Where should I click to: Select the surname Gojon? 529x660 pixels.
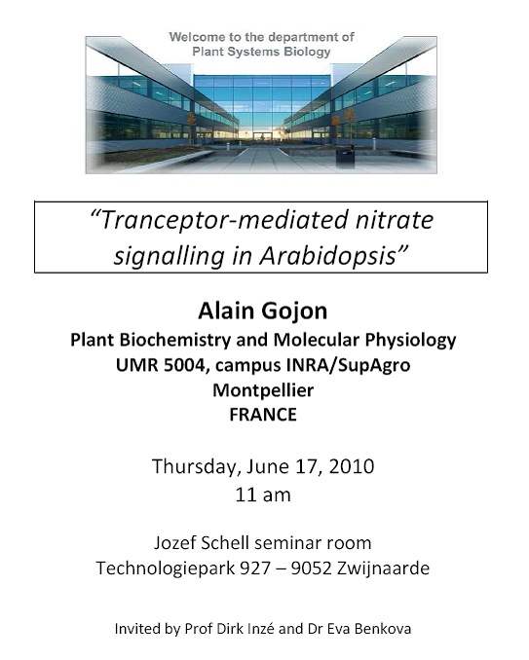(294, 312)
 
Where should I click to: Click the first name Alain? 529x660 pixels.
(226, 312)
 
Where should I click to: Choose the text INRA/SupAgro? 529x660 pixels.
(348, 365)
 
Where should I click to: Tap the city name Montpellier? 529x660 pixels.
(263, 390)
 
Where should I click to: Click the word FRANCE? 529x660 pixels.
(263, 415)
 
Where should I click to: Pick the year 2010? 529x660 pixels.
(352, 467)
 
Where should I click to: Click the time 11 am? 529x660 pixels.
(263, 495)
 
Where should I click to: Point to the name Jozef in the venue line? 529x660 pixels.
(174, 543)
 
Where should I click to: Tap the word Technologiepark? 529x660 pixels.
(165, 568)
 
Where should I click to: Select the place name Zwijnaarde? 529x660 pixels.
(383, 568)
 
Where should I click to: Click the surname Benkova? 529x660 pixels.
(383, 629)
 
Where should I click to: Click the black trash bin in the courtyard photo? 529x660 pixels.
(346, 159)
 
